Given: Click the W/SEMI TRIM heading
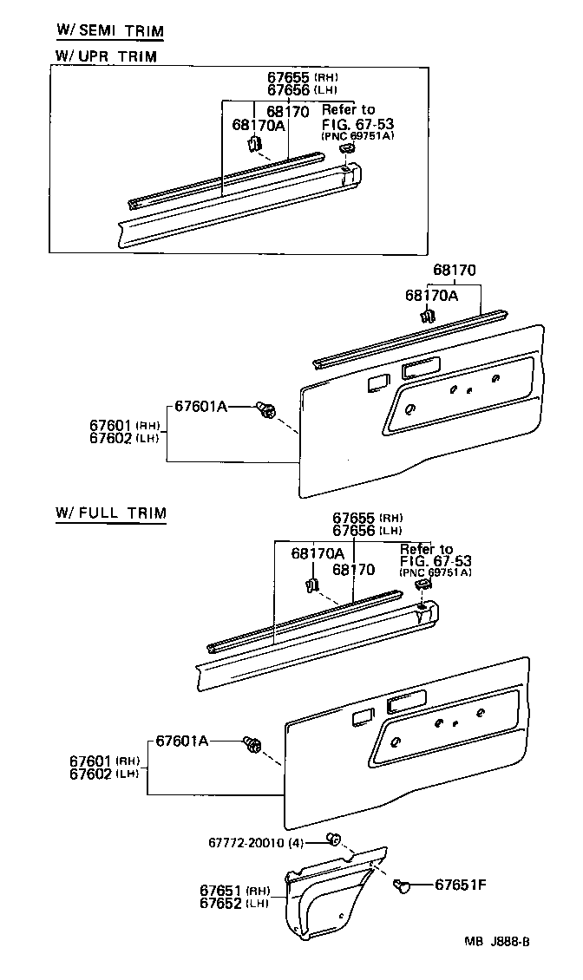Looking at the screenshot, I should click(109, 30).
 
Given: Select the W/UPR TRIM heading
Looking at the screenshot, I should click(106, 56).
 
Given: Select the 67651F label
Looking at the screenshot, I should click(460, 885).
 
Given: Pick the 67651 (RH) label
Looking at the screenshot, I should click(234, 891).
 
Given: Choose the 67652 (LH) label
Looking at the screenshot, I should click(234, 903).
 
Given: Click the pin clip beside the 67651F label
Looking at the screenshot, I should click(401, 885).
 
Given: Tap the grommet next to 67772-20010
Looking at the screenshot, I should click(332, 838).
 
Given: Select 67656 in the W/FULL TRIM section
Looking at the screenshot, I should click(354, 530).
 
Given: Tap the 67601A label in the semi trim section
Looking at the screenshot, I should click(200, 405).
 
